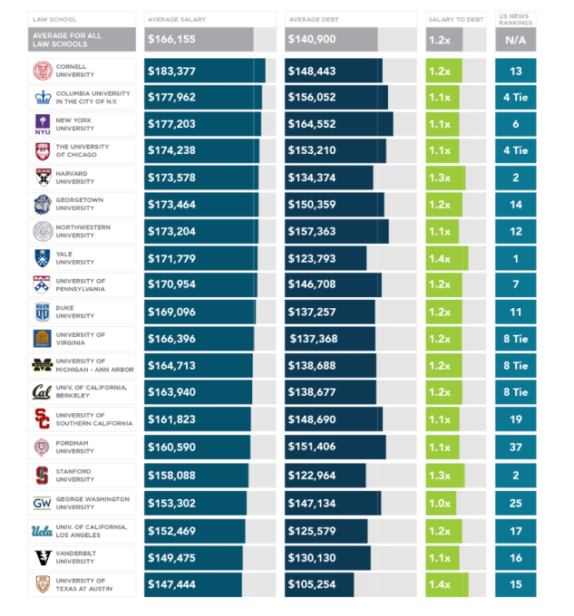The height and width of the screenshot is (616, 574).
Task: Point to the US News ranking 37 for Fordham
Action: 516,448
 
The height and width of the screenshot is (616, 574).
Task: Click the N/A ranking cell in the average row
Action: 516,40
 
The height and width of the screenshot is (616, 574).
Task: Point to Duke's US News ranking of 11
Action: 516,313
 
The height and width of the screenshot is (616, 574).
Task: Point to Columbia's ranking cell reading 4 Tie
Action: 516,98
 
